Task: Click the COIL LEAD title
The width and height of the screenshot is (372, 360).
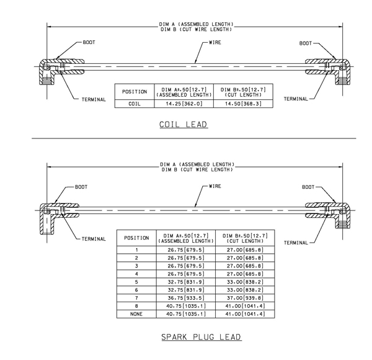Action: pyautogui.click(x=184, y=124)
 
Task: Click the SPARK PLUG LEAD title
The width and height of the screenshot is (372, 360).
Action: pyautogui.click(x=201, y=337)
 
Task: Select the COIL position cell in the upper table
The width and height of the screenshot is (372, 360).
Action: pyautogui.click(x=135, y=104)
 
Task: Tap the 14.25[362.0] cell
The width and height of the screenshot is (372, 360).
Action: pyautogui.click(x=184, y=104)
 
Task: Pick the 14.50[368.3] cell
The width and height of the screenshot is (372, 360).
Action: pyautogui.click(x=243, y=104)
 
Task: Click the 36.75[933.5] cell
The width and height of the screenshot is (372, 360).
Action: pyautogui.click(x=186, y=298)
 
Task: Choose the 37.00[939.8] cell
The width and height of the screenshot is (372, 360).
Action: pyautogui.click(x=245, y=298)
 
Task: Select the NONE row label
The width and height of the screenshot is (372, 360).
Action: pyautogui.click(x=136, y=314)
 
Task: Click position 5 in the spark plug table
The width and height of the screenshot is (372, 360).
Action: pyautogui.click(x=136, y=282)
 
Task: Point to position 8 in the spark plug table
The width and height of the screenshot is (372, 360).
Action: pyautogui.click(x=136, y=306)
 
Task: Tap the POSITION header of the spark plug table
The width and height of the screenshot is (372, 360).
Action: pyautogui.click(x=136, y=238)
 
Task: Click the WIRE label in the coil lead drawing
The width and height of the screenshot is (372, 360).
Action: pyautogui.click(x=215, y=42)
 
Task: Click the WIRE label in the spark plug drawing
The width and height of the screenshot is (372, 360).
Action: pyautogui.click(x=215, y=186)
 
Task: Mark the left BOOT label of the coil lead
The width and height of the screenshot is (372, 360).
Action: pyautogui.click(x=89, y=42)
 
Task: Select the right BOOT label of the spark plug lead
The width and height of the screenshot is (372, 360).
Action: pyautogui.click(x=308, y=187)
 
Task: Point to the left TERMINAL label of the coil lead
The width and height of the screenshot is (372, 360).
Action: pyautogui.click(x=94, y=99)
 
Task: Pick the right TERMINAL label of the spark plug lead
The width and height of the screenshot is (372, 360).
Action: pyautogui.click(x=296, y=243)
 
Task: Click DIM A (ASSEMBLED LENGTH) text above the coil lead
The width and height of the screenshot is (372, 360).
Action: pyautogui.click(x=196, y=24)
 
